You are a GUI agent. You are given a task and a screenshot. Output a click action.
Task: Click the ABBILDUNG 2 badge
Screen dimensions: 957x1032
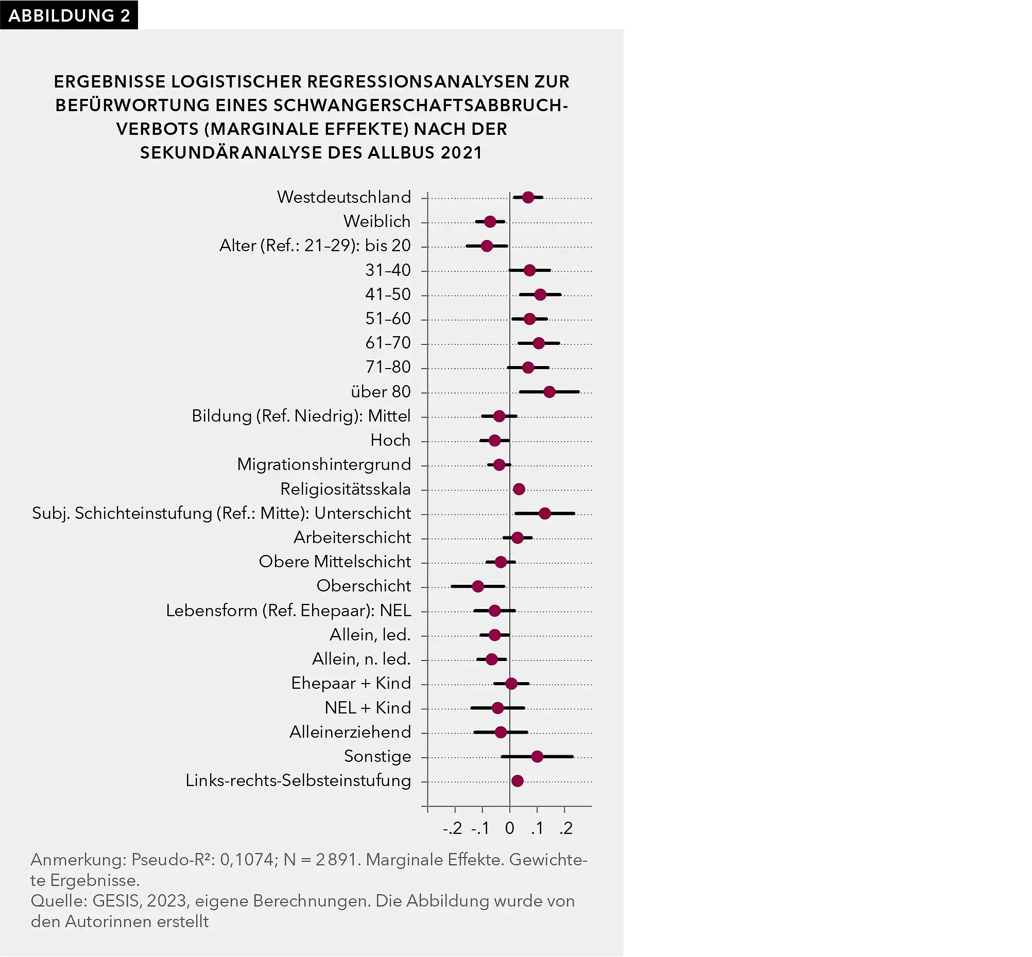[x=69, y=15]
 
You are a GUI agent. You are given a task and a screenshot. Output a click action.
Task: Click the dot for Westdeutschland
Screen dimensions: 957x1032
[x=528, y=197]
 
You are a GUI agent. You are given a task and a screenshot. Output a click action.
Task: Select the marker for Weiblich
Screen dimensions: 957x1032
[x=490, y=222]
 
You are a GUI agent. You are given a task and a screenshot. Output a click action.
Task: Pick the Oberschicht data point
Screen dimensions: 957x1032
[x=478, y=586]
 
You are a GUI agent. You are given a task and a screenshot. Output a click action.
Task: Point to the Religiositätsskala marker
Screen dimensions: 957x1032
[x=519, y=489]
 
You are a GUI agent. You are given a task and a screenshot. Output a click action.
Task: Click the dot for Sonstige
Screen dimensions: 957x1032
[x=537, y=757]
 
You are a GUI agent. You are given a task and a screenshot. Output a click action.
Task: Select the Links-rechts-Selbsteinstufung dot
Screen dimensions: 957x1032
[x=517, y=781]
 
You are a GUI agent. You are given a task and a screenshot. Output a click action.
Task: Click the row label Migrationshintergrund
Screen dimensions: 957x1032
[x=324, y=464]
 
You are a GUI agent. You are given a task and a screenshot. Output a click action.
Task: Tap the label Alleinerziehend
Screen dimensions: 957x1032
[x=350, y=732]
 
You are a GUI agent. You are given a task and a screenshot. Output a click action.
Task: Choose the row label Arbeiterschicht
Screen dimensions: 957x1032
[x=352, y=537]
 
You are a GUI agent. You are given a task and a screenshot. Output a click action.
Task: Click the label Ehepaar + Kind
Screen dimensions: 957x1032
[x=351, y=683]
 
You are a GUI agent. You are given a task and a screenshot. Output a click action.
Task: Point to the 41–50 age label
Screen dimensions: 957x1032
[x=388, y=294]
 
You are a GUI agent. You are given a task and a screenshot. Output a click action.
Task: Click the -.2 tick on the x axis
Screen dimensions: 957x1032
[x=452, y=829]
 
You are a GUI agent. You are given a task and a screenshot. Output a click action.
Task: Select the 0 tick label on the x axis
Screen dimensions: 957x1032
[x=510, y=829]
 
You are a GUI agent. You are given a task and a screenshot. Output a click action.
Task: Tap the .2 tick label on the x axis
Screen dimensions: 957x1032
[x=566, y=829]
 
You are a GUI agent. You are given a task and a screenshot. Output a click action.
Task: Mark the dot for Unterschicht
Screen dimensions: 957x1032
[x=544, y=513]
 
